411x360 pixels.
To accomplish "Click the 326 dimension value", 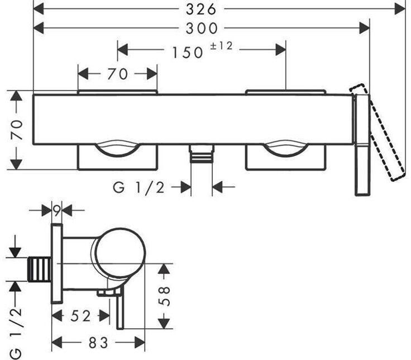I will click(205, 8).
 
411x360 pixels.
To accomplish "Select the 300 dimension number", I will click(205, 28).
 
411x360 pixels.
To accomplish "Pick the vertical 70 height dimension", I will click(17, 130).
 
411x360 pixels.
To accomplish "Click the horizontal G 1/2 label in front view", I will click(139, 188).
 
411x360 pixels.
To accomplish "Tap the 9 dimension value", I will click(56, 211).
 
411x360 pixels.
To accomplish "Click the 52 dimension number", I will click(80, 316).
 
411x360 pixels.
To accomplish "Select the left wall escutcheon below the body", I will click(117, 158).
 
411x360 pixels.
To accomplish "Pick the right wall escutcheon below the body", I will click(285, 158).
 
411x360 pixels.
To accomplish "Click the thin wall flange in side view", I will click(56, 263).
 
